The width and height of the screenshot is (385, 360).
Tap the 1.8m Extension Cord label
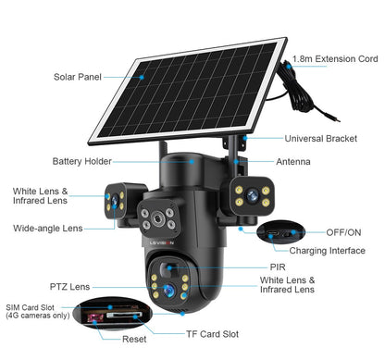click(336, 58)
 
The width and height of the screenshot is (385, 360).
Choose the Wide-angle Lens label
click(47, 228)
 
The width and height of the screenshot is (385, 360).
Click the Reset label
click(134, 340)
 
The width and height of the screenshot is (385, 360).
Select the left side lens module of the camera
click(116, 200)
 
